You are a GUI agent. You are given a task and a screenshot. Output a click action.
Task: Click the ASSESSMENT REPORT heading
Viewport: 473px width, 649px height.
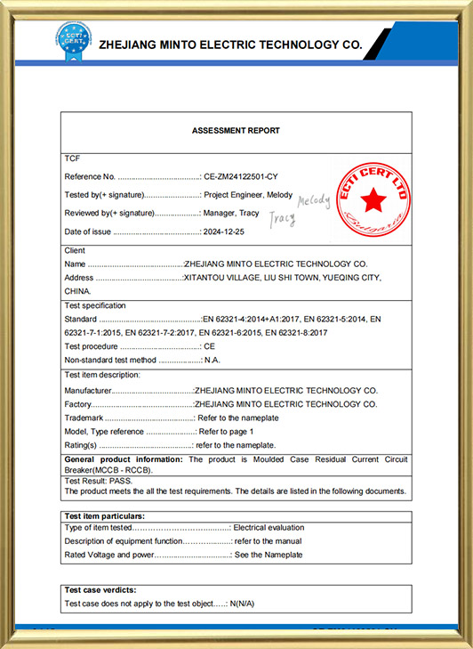[236, 131]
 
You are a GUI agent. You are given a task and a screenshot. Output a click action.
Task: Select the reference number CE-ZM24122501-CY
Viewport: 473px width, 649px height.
[241, 176]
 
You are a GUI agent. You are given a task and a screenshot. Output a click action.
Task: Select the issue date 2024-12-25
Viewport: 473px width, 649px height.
[224, 231]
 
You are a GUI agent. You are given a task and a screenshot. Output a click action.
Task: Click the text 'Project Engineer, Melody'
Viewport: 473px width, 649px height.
[248, 194]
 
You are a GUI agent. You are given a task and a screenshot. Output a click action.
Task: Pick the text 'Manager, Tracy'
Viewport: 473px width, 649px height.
[232, 213]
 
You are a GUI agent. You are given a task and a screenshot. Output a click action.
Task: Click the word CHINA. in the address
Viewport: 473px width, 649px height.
[78, 291]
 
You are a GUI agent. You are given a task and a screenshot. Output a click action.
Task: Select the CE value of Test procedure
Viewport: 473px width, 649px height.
[210, 345]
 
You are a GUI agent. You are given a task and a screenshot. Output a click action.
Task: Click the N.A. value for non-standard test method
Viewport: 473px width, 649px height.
[212, 360]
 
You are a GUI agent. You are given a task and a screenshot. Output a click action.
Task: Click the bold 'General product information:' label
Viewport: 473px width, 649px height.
[124, 459]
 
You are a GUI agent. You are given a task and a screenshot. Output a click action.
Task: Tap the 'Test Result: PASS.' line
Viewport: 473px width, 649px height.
[98, 481]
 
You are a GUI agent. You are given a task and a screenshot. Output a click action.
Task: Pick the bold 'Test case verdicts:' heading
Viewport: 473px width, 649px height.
[100, 590]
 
